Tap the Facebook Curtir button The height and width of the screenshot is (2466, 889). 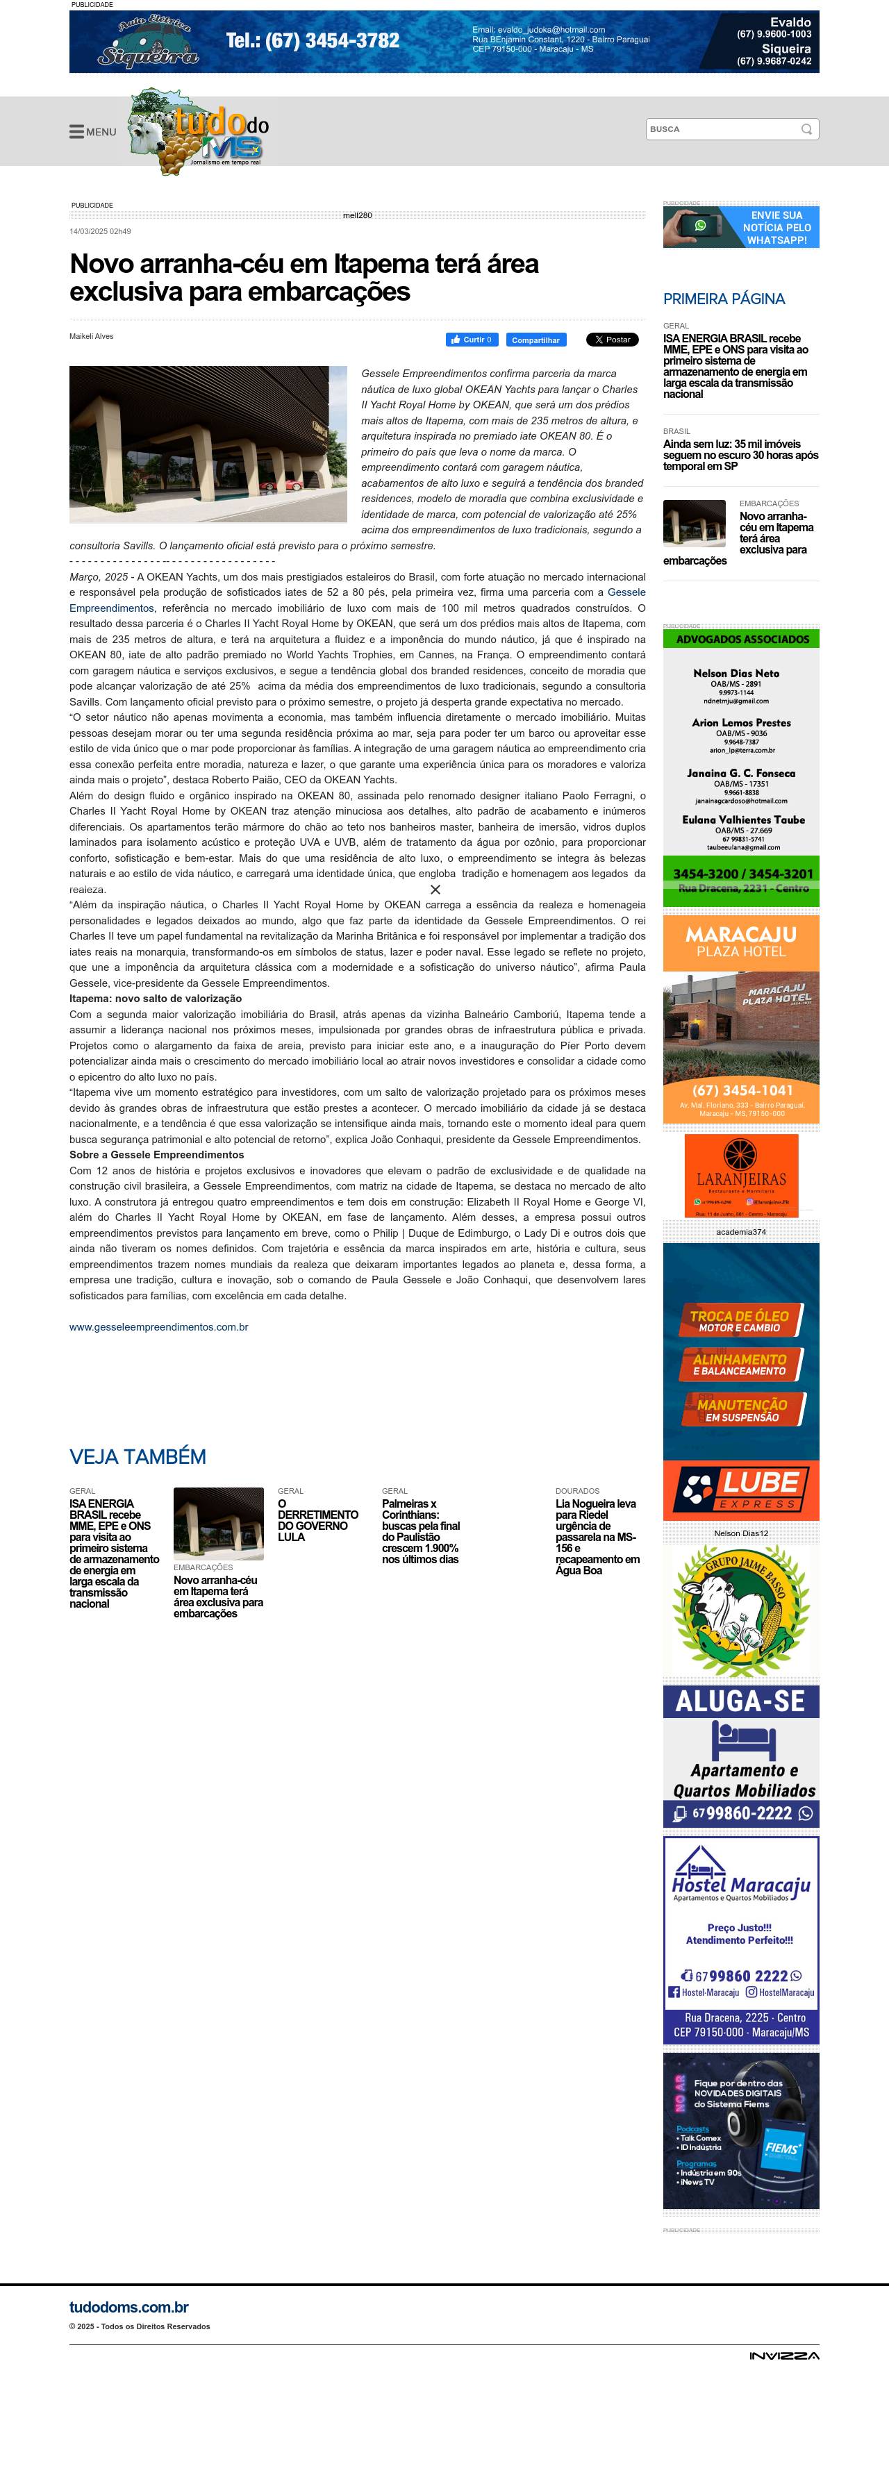click(x=472, y=340)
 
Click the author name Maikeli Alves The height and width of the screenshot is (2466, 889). click(x=91, y=336)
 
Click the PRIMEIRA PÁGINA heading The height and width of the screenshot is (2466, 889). click(x=724, y=299)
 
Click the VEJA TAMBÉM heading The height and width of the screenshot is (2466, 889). click(x=138, y=1457)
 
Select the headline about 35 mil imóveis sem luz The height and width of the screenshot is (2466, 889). click(x=740, y=455)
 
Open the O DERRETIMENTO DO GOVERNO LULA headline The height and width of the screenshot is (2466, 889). click(x=317, y=1520)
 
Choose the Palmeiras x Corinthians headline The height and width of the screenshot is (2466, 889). click(x=420, y=1531)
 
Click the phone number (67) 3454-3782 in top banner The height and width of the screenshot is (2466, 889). click(x=313, y=40)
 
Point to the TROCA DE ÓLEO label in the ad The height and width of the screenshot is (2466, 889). click(x=740, y=1321)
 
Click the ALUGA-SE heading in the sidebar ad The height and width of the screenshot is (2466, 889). click(x=740, y=1702)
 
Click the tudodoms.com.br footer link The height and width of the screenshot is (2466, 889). click(x=128, y=2308)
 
